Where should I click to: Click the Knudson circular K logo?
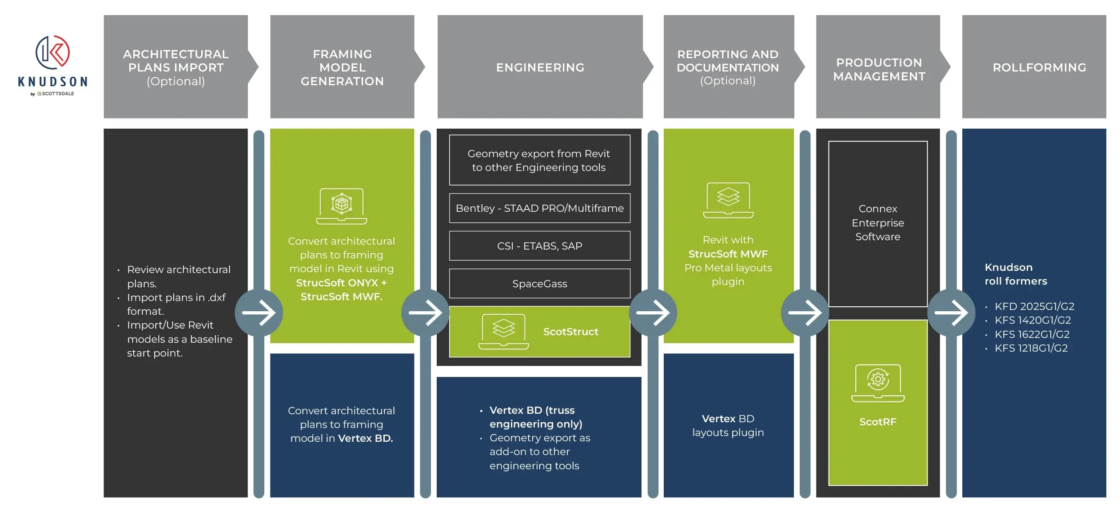click(x=52, y=52)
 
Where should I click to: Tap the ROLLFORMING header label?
click(x=1039, y=67)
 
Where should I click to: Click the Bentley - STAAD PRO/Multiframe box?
click(x=539, y=208)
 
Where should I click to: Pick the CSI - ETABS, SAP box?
click(x=539, y=246)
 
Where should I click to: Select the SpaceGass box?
click(x=539, y=283)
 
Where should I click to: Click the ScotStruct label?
click(x=570, y=332)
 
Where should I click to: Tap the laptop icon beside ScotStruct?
click(x=503, y=332)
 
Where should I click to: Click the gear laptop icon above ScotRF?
click(x=877, y=383)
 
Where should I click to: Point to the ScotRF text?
click(x=877, y=422)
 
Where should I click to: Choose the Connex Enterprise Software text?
click(x=877, y=222)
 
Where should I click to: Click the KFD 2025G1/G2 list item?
click(x=1034, y=306)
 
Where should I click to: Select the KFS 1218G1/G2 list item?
click(x=1031, y=348)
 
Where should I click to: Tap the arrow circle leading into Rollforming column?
click(x=951, y=313)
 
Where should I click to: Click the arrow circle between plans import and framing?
click(x=259, y=313)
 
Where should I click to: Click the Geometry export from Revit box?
click(x=539, y=160)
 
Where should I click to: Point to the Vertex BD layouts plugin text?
click(x=728, y=425)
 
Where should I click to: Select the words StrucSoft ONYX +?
click(x=341, y=283)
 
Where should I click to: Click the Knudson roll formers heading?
click(x=1016, y=274)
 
